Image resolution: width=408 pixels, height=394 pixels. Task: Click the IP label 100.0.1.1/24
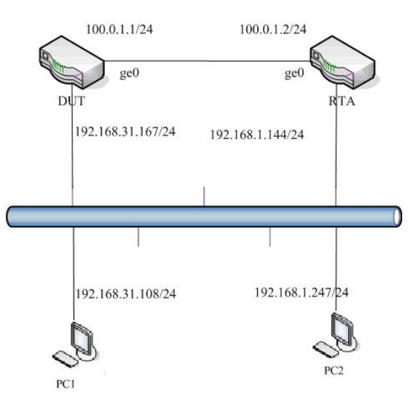pyautogui.click(x=119, y=29)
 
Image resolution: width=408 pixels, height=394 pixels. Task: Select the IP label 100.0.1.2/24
pyautogui.click(x=273, y=29)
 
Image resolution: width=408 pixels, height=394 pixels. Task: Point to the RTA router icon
pyautogui.click(x=342, y=60)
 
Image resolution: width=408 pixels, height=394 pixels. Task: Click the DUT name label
pyautogui.click(x=71, y=101)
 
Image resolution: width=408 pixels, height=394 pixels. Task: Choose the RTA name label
pyautogui.click(x=342, y=101)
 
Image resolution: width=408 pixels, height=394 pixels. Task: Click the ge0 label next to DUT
pyautogui.click(x=130, y=74)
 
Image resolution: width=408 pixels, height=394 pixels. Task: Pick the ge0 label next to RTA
pyautogui.click(x=294, y=74)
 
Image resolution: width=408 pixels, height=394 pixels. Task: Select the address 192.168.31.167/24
pyautogui.click(x=125, y=132)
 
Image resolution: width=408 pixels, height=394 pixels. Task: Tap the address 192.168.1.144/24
pyautogui.click(x=256, y=135)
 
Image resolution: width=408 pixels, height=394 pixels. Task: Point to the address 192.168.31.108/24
pyautogui.click(x=126, y=294)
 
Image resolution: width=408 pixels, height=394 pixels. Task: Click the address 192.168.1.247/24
pyautogui.click(x=302, y=293)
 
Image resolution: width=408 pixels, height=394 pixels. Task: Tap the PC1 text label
pyautogui.click(x=66, y=384)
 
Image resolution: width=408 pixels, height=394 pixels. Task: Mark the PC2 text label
pyautogui.click(x=334, y=371)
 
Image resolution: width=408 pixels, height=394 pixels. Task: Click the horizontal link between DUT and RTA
pyautogui.click(x=208, y=61)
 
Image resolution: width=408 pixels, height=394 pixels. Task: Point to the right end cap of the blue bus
pyautogui.click(x=397, y=216)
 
